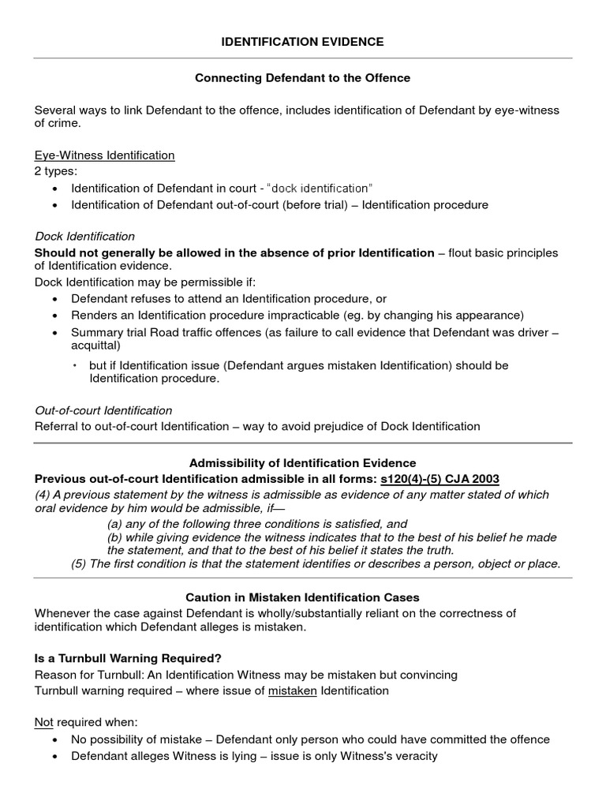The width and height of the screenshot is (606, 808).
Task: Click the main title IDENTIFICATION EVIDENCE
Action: click(x=302, y=42)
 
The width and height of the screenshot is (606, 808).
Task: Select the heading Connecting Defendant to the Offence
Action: click(x=302, y=78)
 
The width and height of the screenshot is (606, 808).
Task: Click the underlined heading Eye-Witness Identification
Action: click(x=104, y=155)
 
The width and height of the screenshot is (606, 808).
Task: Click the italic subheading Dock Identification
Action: click(x=84, y=236)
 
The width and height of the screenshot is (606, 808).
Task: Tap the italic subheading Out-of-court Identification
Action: click(x=103, y=410)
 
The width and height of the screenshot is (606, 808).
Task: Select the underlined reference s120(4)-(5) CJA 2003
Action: click(x=440, y=479)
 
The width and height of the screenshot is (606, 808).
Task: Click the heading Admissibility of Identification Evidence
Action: click(x=302, y=463)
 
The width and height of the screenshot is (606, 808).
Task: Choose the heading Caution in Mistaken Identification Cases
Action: click(x=302, y=598)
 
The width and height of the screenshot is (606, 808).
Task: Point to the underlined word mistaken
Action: click(x=284, y=690)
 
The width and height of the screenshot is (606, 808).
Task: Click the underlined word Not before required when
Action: click(x=43, y=722)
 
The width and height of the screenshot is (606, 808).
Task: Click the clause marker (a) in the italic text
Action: click(x=115, y=524)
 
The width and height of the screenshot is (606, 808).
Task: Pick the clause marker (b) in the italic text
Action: click(x=115, y=537)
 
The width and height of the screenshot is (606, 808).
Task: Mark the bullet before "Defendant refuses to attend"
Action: click(x=54, y=299)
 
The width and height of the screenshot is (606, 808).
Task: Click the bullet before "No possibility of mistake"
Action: click(x=54, y=740)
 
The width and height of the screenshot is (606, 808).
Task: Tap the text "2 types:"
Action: click(x=56, y=171)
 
